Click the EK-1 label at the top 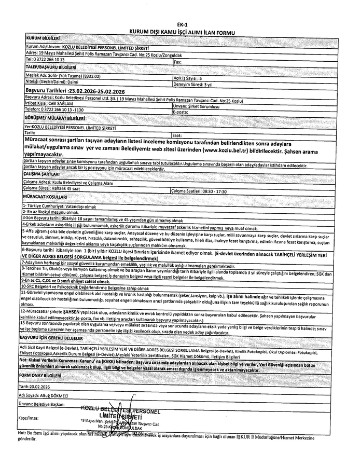(182, 24)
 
